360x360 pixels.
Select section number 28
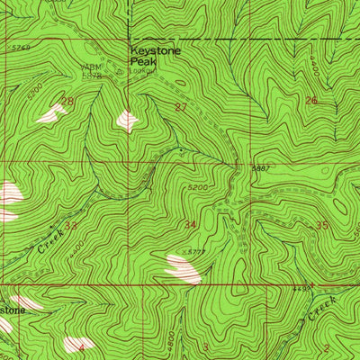67,103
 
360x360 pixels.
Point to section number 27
181,107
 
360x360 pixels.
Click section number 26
311,101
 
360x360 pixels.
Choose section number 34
189,223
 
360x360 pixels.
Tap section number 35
321,225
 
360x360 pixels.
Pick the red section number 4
81,345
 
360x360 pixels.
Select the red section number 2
326,346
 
